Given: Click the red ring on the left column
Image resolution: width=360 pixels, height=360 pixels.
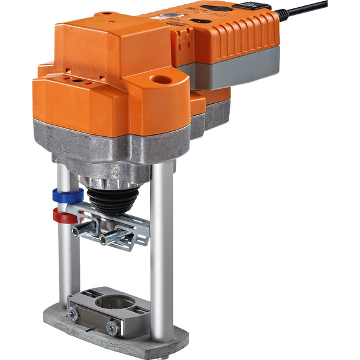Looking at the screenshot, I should coord(64,215).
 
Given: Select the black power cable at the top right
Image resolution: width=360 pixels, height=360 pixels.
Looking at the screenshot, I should coord(306,9).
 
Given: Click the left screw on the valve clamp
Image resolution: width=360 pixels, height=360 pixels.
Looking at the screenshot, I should coord(73,313).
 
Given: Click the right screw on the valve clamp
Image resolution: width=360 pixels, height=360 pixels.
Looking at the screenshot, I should coord(112,327).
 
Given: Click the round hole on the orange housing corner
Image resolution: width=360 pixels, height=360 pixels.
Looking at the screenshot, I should coord(161,79).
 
